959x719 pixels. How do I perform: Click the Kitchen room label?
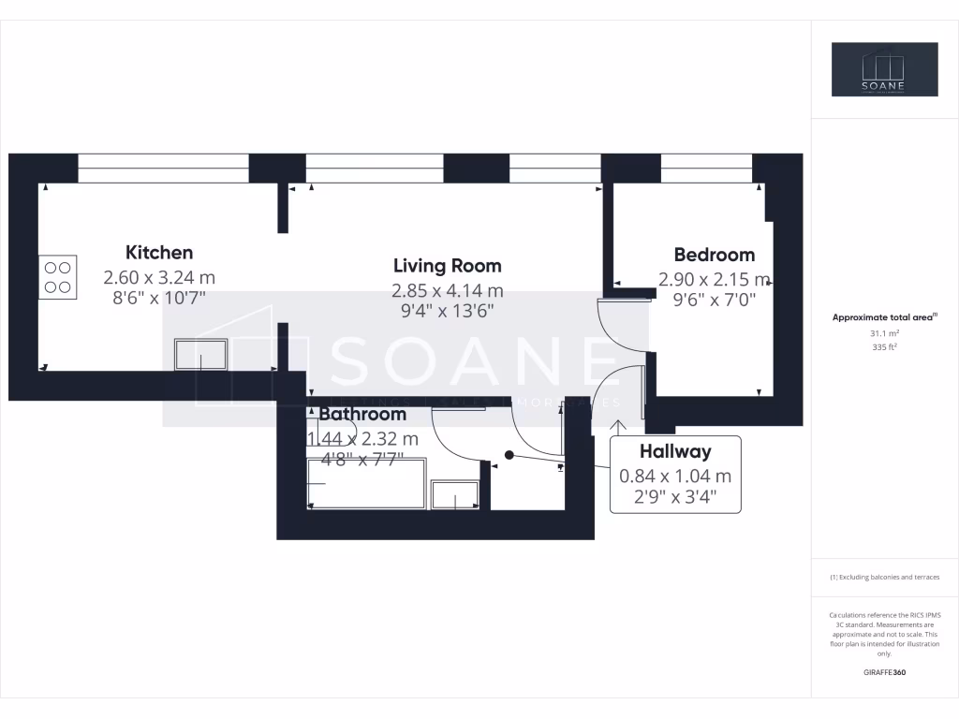coord(159,252)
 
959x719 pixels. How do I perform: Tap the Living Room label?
coord(447,266)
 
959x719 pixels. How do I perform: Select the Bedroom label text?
coord(714,255)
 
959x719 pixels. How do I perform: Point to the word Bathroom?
coord(362,414)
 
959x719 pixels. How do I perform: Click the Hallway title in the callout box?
coord(675,451)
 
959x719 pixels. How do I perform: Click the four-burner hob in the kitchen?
coord(57,278)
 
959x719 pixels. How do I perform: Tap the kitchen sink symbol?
coord(200,356)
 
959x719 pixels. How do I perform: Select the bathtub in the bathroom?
coord(366,483)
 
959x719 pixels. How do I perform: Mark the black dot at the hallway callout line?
coord(509,455)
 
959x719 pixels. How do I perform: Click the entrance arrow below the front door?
coord(620,427)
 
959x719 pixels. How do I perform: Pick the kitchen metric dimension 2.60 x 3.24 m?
coord(159,278)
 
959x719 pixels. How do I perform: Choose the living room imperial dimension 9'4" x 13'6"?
coord(447,310)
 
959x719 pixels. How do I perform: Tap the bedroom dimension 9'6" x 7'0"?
coord(714,301)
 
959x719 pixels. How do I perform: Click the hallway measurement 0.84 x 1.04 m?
coord(675,476)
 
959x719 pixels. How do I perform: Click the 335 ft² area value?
coord(884,346)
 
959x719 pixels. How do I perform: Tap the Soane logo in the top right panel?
coord(884,69)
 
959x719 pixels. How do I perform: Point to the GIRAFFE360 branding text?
coord(884,673)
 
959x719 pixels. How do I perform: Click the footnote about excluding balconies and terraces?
coord(884,578)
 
